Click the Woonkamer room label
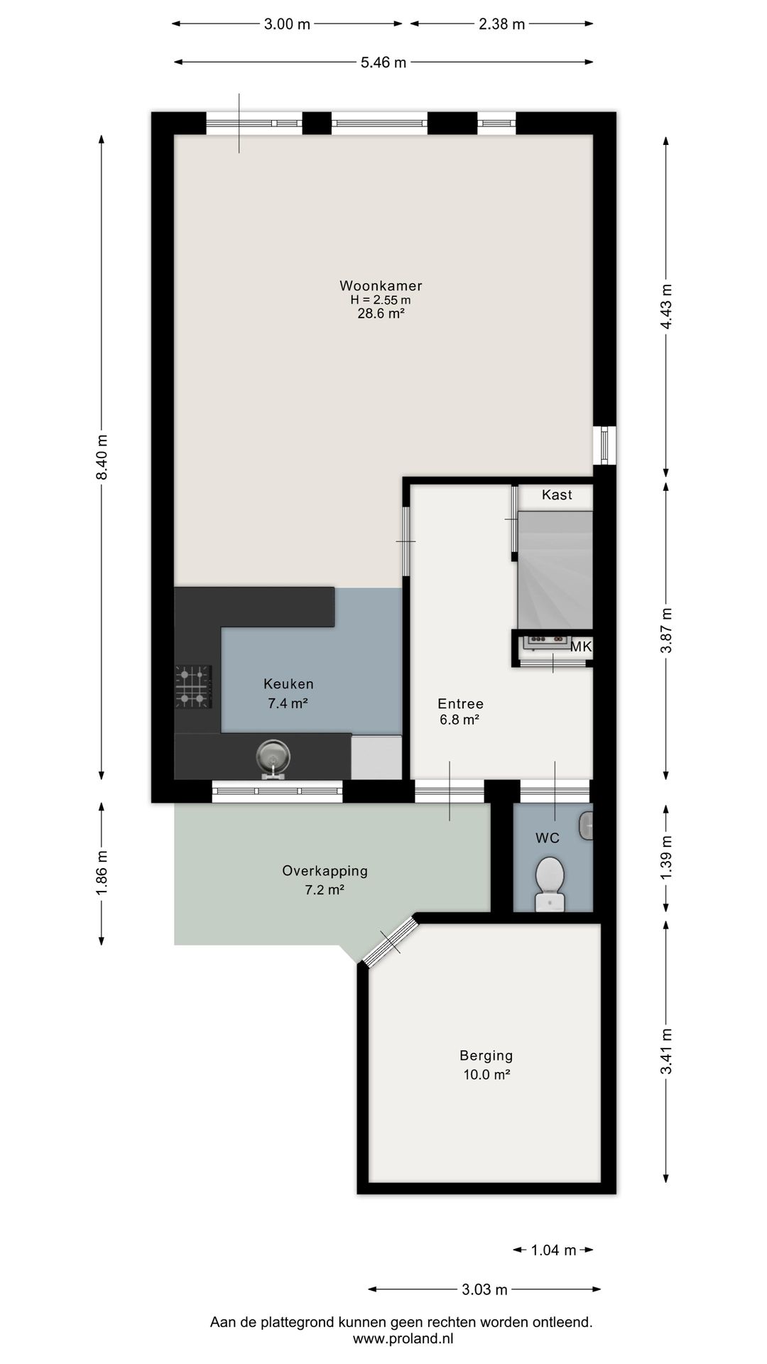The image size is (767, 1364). (381, 286)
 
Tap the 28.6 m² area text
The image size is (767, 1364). (381, 313)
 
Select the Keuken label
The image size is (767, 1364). (288, 684)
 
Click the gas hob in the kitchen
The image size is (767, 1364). (193, 687)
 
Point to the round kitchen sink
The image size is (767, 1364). (273, 756)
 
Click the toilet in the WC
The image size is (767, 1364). (550, 883)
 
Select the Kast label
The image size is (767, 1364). (557, 494)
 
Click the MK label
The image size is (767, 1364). (581, 646)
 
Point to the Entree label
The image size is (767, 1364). (460, 704)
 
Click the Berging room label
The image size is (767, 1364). (486, 1056)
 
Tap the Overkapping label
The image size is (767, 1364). (325, 871)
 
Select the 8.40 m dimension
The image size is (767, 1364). (102, 457)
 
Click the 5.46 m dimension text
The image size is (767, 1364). (383, 63)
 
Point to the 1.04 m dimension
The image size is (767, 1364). (553, 1250)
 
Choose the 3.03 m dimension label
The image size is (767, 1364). (484, 1289)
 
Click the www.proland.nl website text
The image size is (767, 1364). (403, 1338)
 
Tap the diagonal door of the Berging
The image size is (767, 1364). (389, 941)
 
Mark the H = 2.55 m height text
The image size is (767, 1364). (381, 300)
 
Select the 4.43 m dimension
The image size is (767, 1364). (666, 306)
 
